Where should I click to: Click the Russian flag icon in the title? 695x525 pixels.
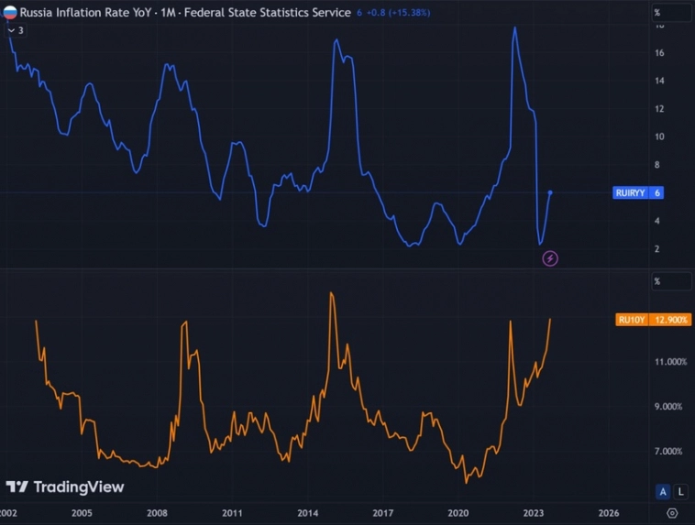[x=10, y=13]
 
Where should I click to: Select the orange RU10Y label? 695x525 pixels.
[x=633, y=320]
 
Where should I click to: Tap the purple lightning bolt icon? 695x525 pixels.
[x=550, y=258]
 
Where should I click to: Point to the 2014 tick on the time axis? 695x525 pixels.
[x=308, y=513]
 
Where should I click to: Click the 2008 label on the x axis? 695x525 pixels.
[x=157, y=513]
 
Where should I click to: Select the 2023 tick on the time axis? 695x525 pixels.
[x=534, y=513]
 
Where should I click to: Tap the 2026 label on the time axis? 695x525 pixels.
[x=610, y=513]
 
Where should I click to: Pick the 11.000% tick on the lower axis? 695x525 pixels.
[x=668, y=362]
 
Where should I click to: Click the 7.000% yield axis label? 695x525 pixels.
[x=668, y=451]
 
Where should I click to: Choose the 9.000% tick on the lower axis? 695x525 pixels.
[x=668, y=406]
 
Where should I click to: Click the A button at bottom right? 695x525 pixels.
[x=663, y=491]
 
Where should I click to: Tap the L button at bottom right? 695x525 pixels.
[x=680, y=491]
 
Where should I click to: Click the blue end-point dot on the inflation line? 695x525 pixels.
[x=550, y=192]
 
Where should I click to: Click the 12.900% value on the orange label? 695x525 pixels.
[x=671, y=320]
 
